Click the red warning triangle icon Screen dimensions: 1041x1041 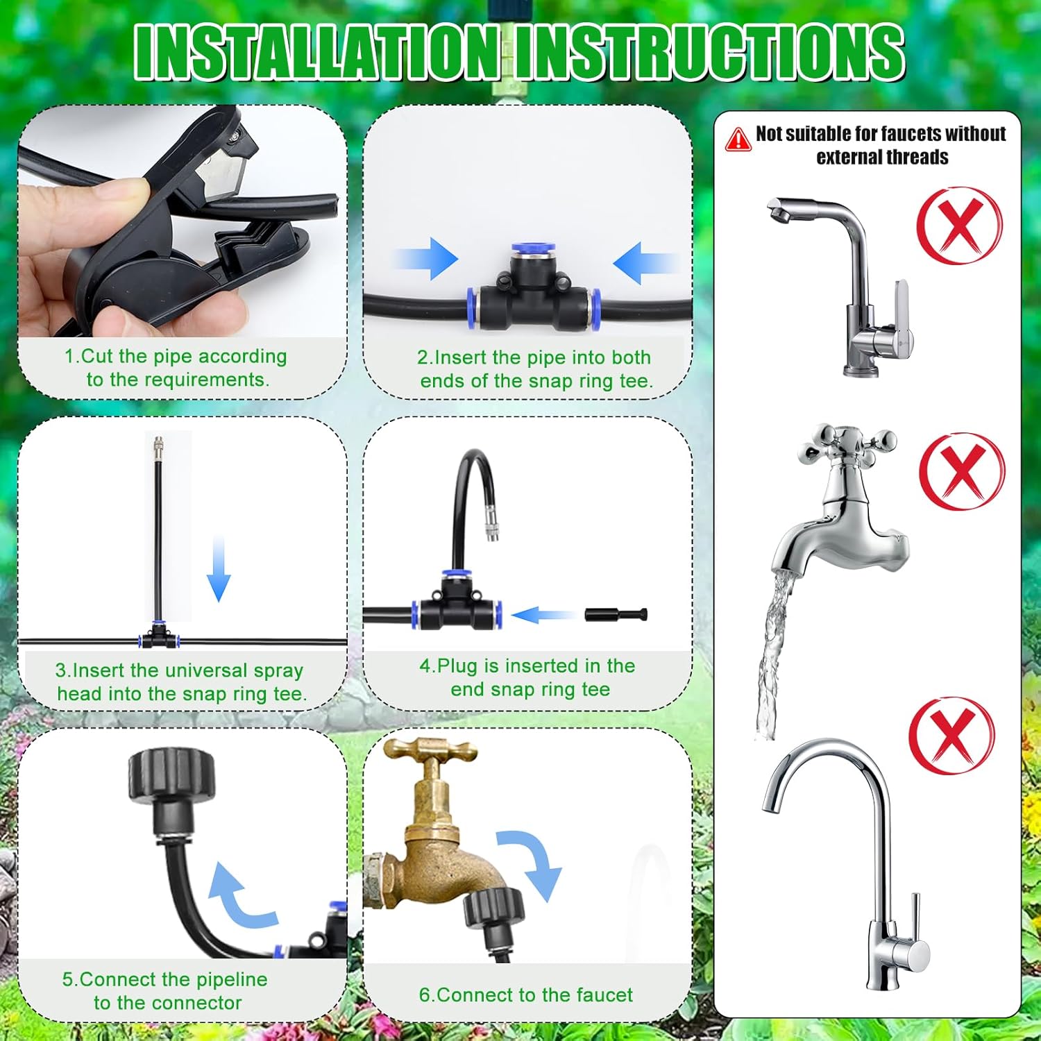coord(738,139)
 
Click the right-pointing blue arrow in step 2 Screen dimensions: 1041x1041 coord(426,259)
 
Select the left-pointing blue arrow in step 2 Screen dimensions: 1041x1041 coord(643,263)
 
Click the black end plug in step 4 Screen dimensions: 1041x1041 coord(616,614)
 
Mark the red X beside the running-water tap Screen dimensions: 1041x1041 coord(962,471)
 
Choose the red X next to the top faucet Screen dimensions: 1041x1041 coord(960,226)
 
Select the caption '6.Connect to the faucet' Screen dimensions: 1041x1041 coord(525,995)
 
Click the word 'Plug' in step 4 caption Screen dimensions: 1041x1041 coord(458,666)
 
